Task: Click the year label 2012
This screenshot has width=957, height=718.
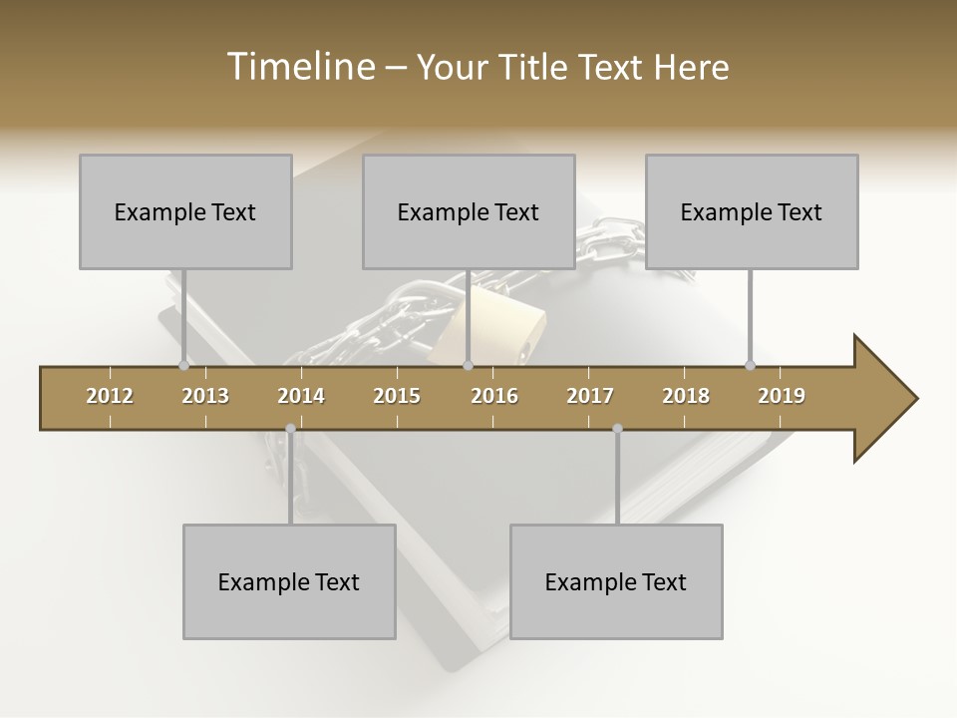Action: pos(110,396)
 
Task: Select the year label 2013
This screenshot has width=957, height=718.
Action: pos(205,396)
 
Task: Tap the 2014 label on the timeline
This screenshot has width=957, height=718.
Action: pos(301,396)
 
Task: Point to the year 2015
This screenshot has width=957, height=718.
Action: pos(397,396)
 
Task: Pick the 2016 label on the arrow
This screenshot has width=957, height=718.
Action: pos(494,396)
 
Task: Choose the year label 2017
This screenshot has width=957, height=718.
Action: pos(590,396)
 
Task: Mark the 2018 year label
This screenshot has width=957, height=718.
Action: pos(686,396)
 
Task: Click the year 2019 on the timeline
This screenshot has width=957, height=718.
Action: pos(782,396)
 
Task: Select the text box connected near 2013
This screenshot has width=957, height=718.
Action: pos(185,211)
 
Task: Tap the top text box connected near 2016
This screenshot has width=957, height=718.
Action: pos(469,211)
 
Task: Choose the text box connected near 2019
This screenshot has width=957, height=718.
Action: pos(752,211)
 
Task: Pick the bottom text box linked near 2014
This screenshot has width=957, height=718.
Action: pos(289,581)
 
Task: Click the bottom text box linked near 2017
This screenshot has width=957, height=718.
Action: pos(616,581)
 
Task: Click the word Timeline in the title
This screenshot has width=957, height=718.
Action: pos(298,67)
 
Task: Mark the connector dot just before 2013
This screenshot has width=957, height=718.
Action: pos(183,365)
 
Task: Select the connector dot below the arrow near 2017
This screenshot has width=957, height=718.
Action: pos(617,429)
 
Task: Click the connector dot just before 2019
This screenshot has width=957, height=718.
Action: pos(750,365)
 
